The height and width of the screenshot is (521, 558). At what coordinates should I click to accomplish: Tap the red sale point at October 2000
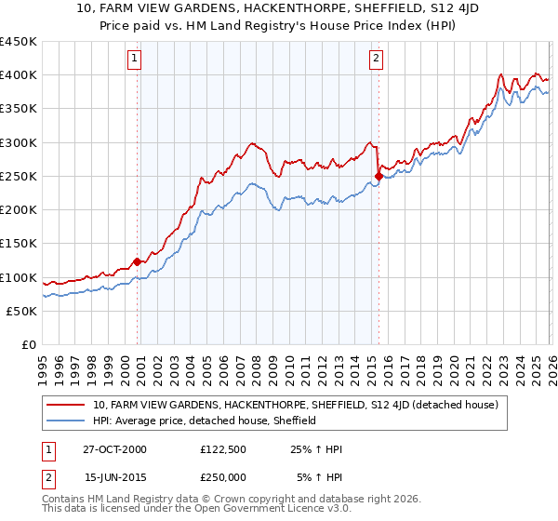(x=138, y=261)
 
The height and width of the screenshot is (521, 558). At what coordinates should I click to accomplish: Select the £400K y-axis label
(x=19, y=75)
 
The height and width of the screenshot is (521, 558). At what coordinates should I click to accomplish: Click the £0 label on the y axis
(x=28, y=344)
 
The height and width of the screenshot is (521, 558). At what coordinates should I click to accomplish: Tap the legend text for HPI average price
(x=205, y=421)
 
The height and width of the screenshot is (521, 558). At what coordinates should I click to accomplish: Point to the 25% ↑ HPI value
(x=316, y=449)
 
